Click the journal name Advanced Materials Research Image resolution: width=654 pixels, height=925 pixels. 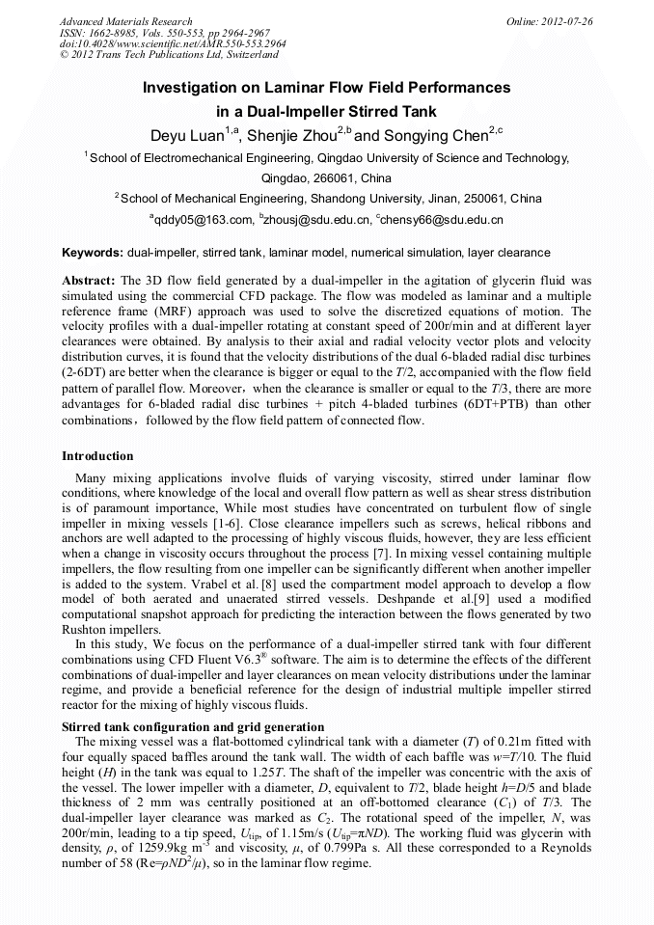tap(125, 21)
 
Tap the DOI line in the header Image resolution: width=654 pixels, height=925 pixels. tap(173, 44)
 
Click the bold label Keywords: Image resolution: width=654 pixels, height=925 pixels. tap(93, 253)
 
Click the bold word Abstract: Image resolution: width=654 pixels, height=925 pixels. tap(89, 280)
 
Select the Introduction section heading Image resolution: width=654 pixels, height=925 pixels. tap(97, 455)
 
